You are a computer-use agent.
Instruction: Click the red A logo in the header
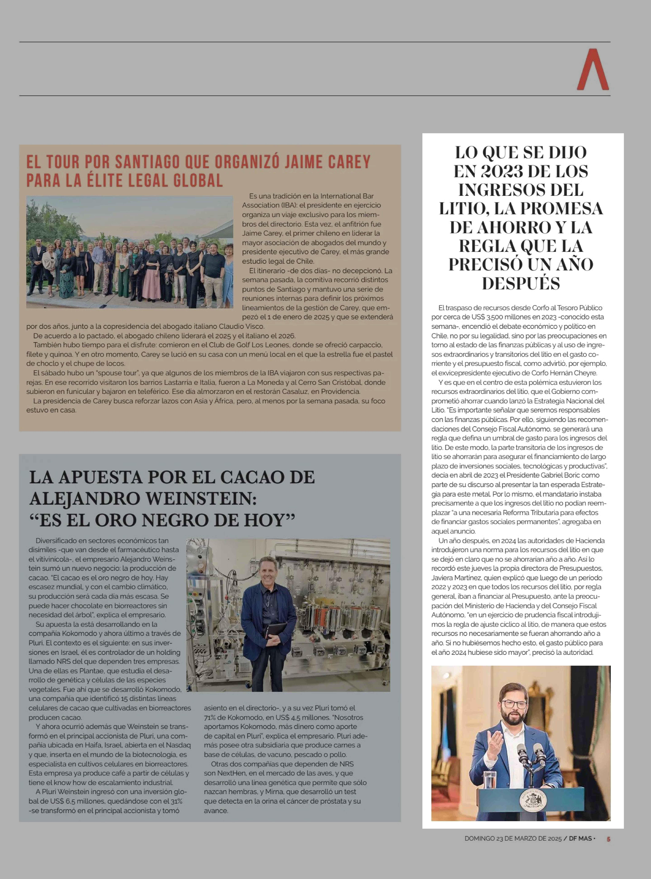pos(593,70)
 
